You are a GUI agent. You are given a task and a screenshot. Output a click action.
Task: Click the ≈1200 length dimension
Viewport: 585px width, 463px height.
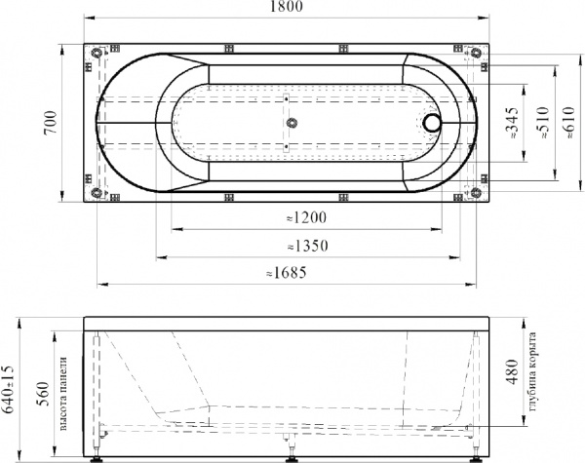point(305,218)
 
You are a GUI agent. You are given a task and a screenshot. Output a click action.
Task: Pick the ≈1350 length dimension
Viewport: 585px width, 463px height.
point(305,246)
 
